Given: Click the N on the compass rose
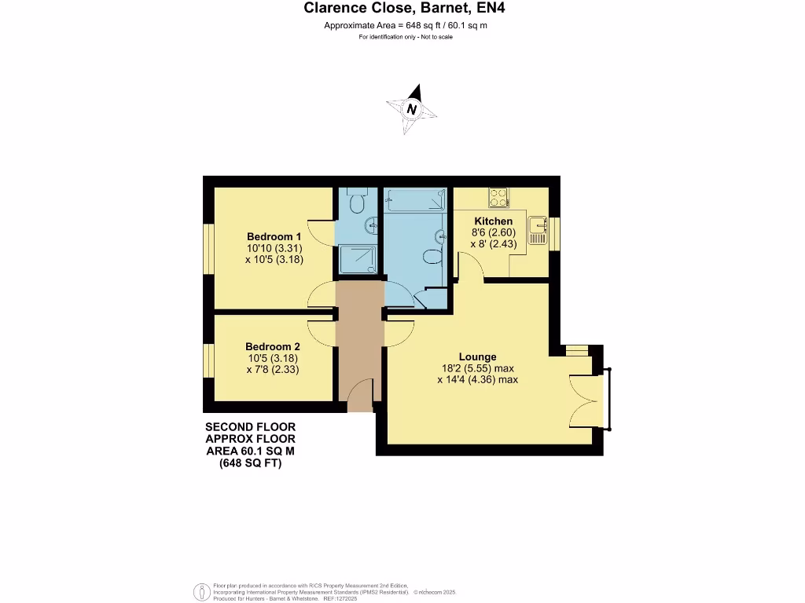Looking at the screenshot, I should point(411,109).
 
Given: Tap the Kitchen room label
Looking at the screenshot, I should point(493,221).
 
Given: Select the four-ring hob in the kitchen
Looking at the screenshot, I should point(498,196).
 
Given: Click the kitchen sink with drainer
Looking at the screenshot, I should point(539,229).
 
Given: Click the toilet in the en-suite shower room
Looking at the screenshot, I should point(357,203).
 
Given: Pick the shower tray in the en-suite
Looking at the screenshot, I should point(357,258).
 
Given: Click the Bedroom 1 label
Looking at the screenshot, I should point(274,236).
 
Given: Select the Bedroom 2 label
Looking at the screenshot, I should point(273,346).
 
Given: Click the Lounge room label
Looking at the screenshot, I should point(477,356).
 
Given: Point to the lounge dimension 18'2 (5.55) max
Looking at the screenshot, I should point(477,368).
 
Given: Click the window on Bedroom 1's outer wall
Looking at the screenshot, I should point(209,250).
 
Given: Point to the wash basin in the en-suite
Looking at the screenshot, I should point(370,227).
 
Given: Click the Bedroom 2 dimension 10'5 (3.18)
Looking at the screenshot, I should point(273,358).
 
